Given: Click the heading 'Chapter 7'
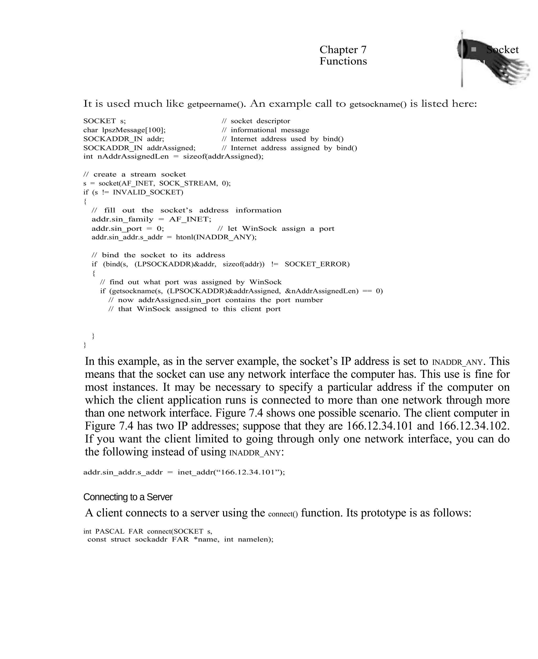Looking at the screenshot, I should [x=343, y=50].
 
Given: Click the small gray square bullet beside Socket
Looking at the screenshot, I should [x=474, y=49].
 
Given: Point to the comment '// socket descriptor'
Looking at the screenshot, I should [x=256, y=121].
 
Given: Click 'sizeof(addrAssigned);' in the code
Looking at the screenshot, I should [x=223, y=156].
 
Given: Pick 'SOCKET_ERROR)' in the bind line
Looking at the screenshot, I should [x=317, y=264].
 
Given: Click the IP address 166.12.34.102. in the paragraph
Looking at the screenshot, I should [x=474, y=426].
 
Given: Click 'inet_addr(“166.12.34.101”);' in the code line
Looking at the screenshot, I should [x=231, y=472].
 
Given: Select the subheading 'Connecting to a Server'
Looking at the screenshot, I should [x=128, y=497].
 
